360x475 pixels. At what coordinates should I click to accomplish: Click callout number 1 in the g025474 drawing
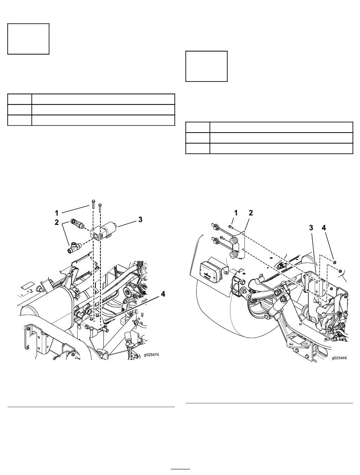pos(56,213)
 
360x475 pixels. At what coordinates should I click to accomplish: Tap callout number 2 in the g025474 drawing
pos(56,222)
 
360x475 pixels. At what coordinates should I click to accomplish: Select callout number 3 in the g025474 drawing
pos(140,219)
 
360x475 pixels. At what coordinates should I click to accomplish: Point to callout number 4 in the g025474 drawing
pos(163,294)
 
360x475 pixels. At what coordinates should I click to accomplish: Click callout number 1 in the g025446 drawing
pos(236,213)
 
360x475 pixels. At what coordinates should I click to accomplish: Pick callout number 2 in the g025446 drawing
pos(251,213)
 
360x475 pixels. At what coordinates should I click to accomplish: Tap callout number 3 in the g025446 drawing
pos(311,228)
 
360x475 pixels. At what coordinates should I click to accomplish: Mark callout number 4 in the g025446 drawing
pos(324,228)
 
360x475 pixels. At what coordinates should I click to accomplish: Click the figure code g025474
pos(152,355)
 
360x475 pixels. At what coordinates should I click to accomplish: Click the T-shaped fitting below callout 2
pos(74,247)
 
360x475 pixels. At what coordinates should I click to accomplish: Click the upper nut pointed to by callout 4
pos(335,262)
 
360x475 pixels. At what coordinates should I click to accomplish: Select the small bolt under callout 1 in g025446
pos(230,227)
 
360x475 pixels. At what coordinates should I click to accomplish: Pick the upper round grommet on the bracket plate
pos(233,241)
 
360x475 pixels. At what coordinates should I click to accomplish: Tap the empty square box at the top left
pos(28,39)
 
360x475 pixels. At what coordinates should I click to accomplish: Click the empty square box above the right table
pos(207,66)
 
